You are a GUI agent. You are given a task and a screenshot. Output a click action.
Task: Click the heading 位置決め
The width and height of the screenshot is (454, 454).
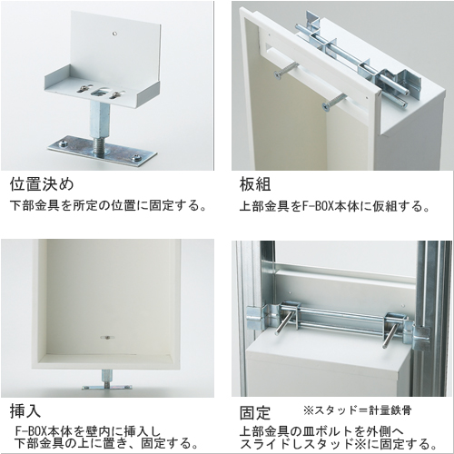[x=42, y=184]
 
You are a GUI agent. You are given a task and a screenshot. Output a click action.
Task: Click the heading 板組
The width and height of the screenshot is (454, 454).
[x=255, y=184]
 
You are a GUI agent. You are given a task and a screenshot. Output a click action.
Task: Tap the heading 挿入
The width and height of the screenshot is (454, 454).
[x=25, y=410]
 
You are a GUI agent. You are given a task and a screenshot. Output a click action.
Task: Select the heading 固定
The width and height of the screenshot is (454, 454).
[x=255, y=413]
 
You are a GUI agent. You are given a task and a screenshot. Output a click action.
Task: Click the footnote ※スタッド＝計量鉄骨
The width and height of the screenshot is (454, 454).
[x=358, y=410]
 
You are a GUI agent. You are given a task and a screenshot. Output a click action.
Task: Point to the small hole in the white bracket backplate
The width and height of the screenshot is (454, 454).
[x=114, y=33]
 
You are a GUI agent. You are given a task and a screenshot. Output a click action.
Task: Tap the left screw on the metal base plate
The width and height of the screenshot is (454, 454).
[x=64, y=143]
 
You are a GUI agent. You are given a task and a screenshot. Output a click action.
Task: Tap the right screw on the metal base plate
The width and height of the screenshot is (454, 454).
[x=137, y=158]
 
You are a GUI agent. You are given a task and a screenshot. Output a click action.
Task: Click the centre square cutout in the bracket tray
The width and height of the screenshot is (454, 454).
[x=101, y=92]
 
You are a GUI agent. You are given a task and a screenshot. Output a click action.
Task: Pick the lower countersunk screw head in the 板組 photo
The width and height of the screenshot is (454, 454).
[x=326, y=106]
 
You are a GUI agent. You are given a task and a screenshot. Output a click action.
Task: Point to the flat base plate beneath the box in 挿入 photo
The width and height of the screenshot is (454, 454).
[x=106, y=388]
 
